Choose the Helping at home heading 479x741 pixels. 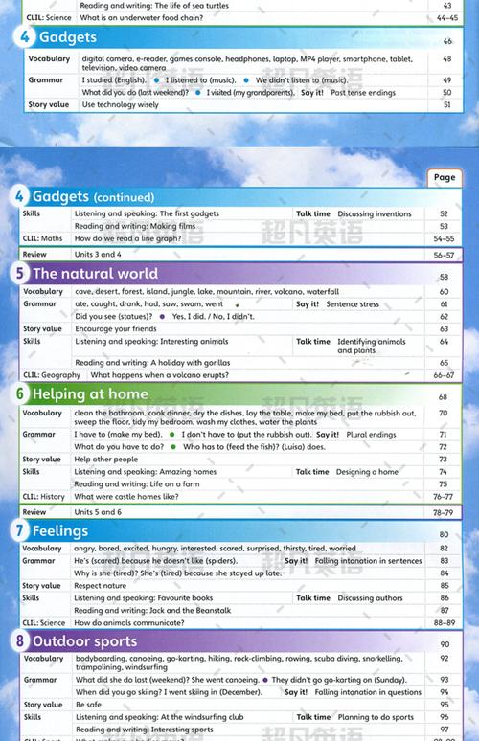[x=90, y=393]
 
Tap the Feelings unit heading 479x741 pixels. [x=60, y=530]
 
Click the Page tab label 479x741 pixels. [x=445, y=177]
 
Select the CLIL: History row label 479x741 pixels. [x=44, y=497]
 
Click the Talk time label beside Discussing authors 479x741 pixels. [x=312, y=598]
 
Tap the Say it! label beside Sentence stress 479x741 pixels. [x=308, y=303]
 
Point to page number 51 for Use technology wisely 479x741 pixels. [x=445, y=104]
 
